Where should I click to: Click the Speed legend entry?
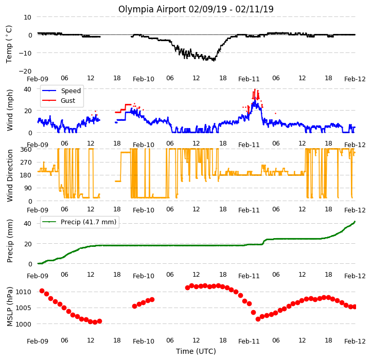62,91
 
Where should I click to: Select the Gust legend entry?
59,100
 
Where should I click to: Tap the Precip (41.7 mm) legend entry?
79,222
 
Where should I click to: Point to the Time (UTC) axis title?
196,351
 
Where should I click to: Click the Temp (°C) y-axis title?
9,44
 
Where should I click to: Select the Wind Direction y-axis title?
10,175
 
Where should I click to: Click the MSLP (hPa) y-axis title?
10,307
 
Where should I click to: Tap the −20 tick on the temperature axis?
25,71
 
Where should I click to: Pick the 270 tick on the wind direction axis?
26,163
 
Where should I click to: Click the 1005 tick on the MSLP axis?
24,308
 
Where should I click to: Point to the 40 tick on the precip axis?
28,224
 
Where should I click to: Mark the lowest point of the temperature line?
214,61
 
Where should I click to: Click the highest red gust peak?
255,89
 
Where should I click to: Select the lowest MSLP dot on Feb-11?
258,319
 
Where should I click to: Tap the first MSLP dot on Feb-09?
42,291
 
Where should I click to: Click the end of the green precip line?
355,222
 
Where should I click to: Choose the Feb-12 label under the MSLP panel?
355,341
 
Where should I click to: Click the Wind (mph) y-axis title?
10,110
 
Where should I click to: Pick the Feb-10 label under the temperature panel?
144,79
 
